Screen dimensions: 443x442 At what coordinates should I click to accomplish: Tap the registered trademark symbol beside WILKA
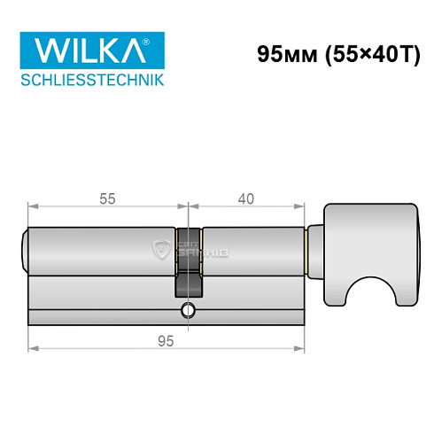(x=159, y=41)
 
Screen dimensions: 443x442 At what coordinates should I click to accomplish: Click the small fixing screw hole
(x=186, y=310)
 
